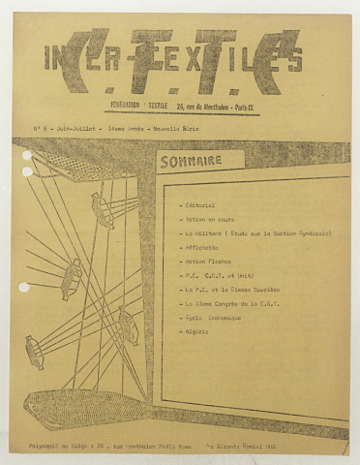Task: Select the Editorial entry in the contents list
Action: click(199, 205)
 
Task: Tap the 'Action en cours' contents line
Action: click(208, 220)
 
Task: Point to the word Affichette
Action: click(202, 248)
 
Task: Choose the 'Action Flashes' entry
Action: click(207, 262)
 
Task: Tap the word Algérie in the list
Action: click(197, 331)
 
